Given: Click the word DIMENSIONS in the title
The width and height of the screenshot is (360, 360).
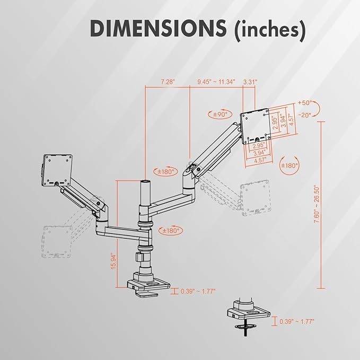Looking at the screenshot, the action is tap(159, 28).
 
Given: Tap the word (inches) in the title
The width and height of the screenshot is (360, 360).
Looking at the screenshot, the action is tap(270, 30).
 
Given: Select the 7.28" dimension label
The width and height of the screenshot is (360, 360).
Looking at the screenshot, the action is tap(168, 82).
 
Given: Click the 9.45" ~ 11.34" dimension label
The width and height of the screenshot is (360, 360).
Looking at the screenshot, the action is tap(216, 82).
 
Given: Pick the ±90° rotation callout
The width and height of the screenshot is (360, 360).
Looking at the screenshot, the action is tap(220, 115).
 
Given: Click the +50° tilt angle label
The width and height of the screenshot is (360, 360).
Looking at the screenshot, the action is tap(305, 103).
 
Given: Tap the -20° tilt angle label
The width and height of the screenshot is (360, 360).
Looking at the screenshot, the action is tap(305, 115).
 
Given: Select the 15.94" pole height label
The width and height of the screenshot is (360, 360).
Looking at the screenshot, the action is tap(114, 261).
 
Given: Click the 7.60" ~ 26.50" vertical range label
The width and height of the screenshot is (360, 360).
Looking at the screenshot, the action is tap(317, 205).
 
